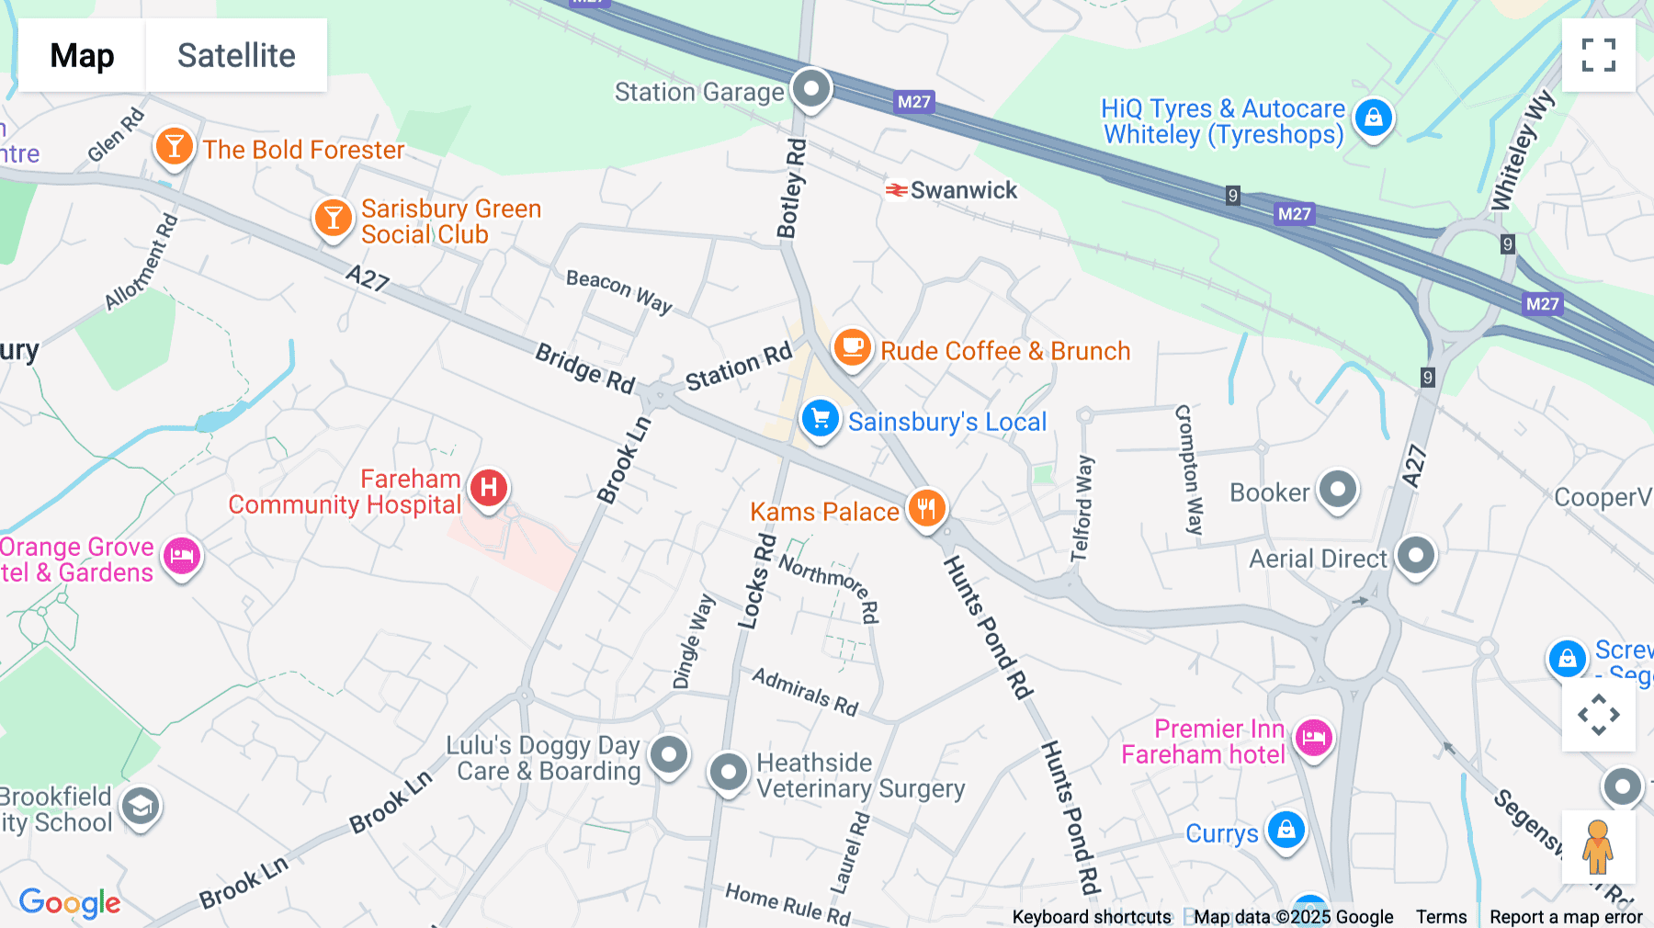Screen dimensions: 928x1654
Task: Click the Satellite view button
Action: click(236, 55)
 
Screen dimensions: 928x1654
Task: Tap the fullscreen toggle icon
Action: click(1598, 55)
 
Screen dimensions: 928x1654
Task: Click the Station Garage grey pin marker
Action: click(811, 89)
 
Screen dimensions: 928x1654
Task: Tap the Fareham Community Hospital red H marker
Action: click(489, 487)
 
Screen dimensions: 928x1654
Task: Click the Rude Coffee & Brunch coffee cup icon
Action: click(852, 347)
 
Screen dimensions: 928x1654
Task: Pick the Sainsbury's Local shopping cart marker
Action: click(820, 419)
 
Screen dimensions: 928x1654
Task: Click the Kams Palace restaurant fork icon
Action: click(926, 507)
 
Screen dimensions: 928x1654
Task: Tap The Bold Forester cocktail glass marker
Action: click(174, 145)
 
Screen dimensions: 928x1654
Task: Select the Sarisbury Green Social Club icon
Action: click(333, 218)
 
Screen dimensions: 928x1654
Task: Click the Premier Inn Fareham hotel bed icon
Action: click(1314, 736)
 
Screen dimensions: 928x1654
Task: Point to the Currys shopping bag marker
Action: click(1286, 830)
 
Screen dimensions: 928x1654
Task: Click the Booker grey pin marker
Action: click(1338, 488)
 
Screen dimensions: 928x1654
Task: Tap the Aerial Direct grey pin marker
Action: click(1416, 555)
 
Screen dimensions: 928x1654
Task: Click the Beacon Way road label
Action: click(618, 290)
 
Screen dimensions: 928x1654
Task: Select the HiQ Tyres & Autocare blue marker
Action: click(1374, 118)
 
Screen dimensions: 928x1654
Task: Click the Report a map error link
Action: click(1566, 917)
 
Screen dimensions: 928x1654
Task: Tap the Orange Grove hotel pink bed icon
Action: click(182, 556)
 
